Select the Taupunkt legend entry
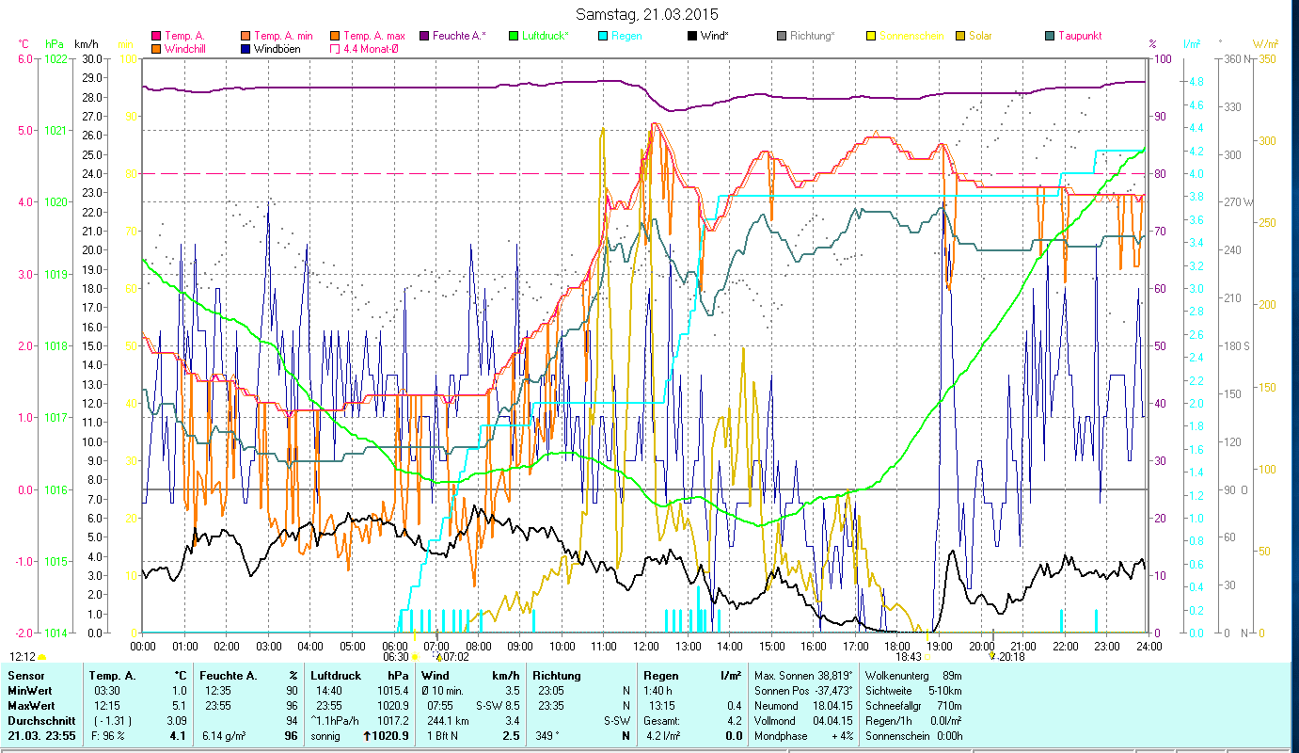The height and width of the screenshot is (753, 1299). (x=1079, y=36)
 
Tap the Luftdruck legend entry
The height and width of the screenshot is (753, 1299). (x=541, y=36)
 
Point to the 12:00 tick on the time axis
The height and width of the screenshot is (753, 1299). (x=646, y=647)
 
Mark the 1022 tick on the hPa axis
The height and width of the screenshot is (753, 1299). (x=55, y=58)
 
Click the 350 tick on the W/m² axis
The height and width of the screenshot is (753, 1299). (x=1266, y=58)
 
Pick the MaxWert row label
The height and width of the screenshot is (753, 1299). (x=30, y=706)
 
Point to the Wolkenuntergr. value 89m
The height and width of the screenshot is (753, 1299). (x=952, y=676)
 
